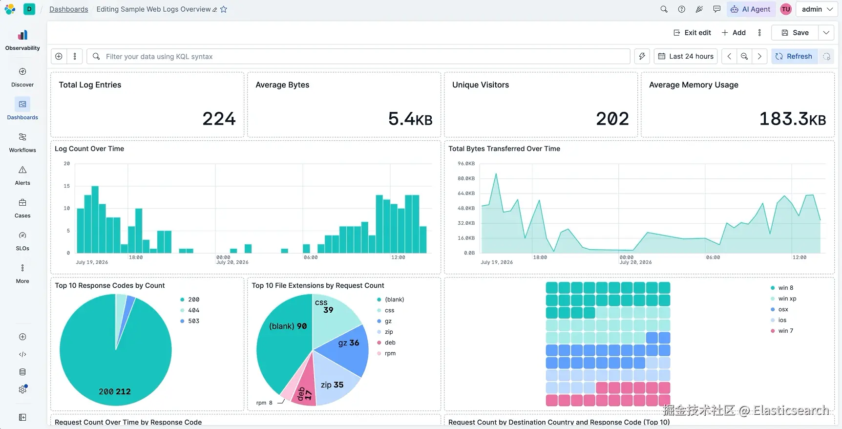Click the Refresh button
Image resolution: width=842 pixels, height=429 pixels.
coord(794,56)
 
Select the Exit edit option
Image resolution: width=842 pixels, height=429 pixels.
coord(692,33)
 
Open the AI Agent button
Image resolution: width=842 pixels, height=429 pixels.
coord(750,9)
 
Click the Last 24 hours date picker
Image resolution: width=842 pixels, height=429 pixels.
coord(686,56)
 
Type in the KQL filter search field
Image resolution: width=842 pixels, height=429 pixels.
coord(358,56)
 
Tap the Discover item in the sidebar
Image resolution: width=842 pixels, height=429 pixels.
coord(22,78)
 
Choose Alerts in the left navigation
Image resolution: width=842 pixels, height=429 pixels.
coord(22,176)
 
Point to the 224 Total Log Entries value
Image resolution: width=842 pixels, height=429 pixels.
coord(219,119)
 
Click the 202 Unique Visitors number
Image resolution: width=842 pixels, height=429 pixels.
coord(612,119)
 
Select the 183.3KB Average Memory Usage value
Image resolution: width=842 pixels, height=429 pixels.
coord(793,119)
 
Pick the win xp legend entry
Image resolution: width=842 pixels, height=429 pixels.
coord(783,299)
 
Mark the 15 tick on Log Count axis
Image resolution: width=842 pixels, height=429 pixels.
coord(66,186)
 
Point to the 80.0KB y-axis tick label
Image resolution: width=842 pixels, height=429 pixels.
coord(466,178)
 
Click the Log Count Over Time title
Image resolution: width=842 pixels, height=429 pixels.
coord(89,149)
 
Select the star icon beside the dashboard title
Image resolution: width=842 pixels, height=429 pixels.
coord(224,9)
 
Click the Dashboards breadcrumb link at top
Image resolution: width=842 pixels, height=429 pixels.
coord(69,9)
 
